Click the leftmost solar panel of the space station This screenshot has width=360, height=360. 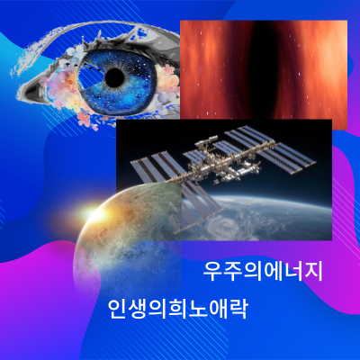(x=144, y=167)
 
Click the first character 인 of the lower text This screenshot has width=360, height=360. (x=118, y=309)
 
